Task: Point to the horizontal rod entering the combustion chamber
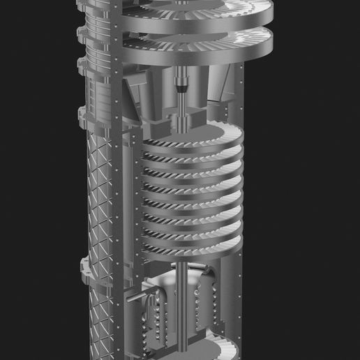(x=140, y=298)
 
